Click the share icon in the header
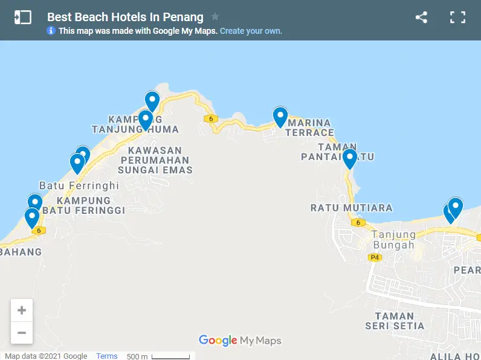pyautogui.click(x=421, y=18)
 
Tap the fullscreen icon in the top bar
pyautogui.click(x=457, y=18)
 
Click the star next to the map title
pyautogui.click(x=215, y=17)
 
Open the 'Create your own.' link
pyautogui.click(x=251, y=31)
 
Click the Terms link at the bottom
pyautogui.click(x=107, y=356)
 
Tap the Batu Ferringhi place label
pyautogui.click(x=79, y=185)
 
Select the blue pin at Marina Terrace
pyautogui.click(x=280, y=116)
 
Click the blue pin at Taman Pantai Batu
pyautogui.click(x=349, y=158)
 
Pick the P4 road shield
pyautogui.click(x=375, y=257)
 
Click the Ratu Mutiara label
pyautogui.click(x=351, y=208)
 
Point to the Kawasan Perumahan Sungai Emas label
pyautogui.click(x=155, y=160)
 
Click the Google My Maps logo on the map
pyautogui.click(x=240, y=341)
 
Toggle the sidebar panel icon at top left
pyautogui.click(x=22, y=18)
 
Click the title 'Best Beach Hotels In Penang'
pyautogui.click(x=125, y=17)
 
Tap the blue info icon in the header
pyautogui.click(x=51, y=31)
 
